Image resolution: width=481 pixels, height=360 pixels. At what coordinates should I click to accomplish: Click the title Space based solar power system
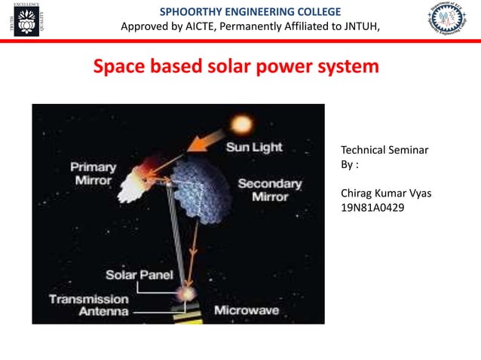pos(236,67)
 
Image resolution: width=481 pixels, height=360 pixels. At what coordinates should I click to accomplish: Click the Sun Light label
pos(254,148)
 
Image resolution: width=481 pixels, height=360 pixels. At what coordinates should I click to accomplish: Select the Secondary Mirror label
pos(269,190)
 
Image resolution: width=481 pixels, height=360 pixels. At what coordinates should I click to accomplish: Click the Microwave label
pos(247,310)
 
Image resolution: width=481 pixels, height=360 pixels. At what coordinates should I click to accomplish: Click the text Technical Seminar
pos(384,151)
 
